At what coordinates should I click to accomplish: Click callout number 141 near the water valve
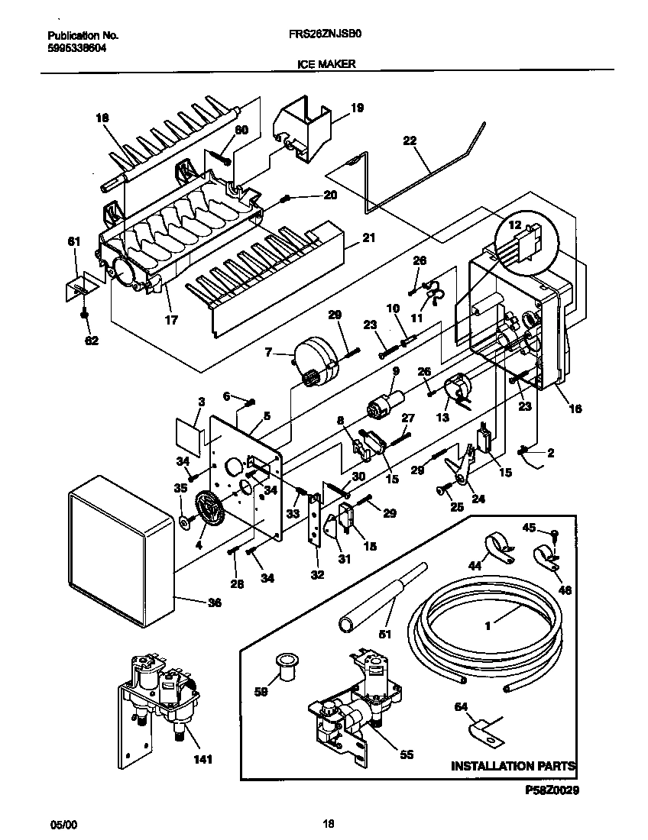click(x=202, y=760)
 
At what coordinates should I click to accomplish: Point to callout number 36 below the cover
click(x=215, y=603)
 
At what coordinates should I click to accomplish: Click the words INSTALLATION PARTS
click(x=513, y=765)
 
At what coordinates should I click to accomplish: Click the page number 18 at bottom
click(x=329, y=824)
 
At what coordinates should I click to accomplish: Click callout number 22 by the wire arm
click(x=410, y=140)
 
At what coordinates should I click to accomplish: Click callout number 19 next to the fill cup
click(x=357, y=108)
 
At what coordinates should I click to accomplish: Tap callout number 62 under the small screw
click(x=92, y=341)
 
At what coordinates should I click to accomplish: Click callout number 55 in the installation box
click(x=407, y=754)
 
